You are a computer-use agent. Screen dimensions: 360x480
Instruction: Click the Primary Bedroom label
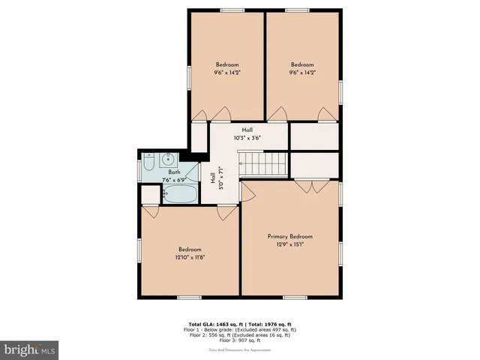pos(289,236)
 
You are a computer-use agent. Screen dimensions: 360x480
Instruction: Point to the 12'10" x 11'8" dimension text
pos(190,257)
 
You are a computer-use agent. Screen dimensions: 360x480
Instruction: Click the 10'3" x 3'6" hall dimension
pos(247,138)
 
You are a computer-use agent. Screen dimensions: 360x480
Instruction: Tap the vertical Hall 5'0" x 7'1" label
pos(217,180)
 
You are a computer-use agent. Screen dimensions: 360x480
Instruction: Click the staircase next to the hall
pos(263,163)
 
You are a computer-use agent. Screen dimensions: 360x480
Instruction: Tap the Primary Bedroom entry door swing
pos(248,192)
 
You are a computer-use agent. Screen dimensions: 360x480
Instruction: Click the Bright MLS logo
pos(30,349)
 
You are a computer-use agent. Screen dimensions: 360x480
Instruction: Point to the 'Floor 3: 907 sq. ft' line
pos(240,340)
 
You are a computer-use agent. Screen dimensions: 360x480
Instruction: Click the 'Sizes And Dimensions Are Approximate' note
pos(240,349)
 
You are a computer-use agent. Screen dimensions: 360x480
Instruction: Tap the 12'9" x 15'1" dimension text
pos(289,244)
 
